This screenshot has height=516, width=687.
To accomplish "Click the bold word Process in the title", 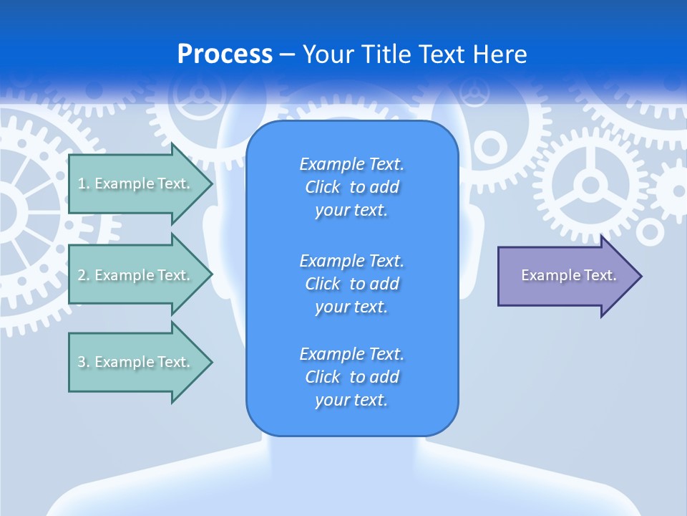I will tap(225, 54).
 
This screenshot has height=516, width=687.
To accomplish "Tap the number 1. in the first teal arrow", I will tap(83, 183).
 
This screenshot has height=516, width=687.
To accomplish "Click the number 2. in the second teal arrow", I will tap(83, 275).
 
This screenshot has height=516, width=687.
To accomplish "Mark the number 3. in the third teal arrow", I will tap(83, 362).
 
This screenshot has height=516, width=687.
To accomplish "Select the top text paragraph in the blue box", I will tap(351, 187).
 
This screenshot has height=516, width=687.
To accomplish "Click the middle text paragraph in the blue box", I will tap(351, 284).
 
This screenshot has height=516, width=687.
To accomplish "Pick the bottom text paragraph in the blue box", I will tap(351, 377).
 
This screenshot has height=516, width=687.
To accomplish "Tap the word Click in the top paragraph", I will tap(323, 187).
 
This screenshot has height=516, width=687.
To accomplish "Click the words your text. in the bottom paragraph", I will tap(351, 400).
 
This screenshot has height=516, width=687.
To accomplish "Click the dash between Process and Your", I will tap(287, 54).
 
